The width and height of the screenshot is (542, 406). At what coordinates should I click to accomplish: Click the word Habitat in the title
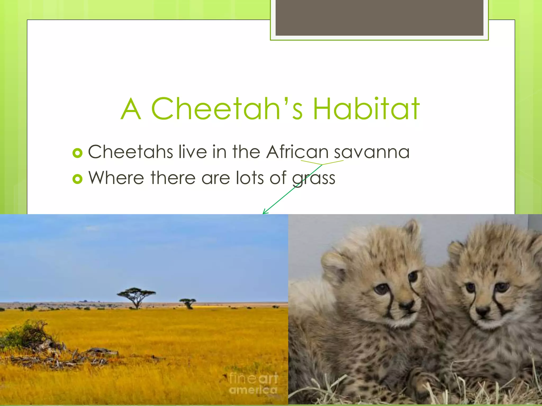click(x=366, y=109)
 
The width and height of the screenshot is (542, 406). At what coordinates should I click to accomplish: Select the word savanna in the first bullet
click(x=372, y=152)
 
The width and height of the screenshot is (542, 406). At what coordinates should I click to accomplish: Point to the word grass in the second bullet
click(x=314, y=178)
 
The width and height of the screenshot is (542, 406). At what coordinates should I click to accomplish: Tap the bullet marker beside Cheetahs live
click(x=77, y=153)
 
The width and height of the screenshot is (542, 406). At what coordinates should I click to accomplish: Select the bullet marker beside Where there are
click(x=77, y=179)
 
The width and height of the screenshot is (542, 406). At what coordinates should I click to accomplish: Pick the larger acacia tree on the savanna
click(x=136, y=297)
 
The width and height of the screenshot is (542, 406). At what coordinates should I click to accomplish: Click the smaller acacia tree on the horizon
click(x=188, y=302)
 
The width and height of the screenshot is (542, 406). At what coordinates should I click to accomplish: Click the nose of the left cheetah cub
click(x=406, y=305)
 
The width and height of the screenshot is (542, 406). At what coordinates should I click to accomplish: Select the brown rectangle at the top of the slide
click(x=379, y=17)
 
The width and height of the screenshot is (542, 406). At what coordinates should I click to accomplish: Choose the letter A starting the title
click(x=130, y=109)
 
